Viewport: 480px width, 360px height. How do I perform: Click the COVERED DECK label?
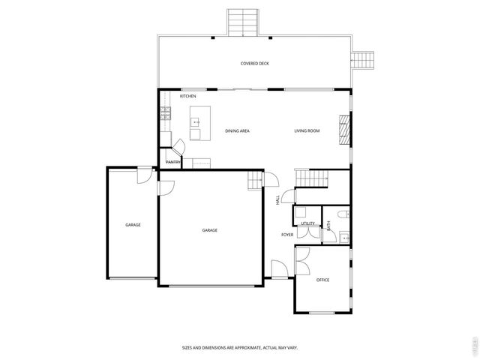tap(254, 64)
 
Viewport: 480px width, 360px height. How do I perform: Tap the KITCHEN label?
tap(188, 97)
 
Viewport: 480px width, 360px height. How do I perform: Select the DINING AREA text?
tap(237, 131)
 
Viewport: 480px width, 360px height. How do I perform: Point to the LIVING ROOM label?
tap(307, 131)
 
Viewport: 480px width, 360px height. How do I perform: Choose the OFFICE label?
tap(322, 280)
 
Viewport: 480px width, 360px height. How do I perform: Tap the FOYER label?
tap(287, 235)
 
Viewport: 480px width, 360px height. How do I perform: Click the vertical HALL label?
tap(277, 200)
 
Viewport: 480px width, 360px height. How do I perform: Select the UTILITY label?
tap(307, 223)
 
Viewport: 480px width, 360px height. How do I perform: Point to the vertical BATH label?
tap(328, 223)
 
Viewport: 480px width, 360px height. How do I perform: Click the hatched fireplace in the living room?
tap(345, 128)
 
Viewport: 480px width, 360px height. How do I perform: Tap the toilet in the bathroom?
tap(342, 214)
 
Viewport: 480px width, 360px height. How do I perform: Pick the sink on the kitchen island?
tap(196, 121)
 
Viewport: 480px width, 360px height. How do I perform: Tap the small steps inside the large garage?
tap(255, 181)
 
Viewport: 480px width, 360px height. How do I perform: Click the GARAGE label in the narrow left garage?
tap(133, 225)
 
